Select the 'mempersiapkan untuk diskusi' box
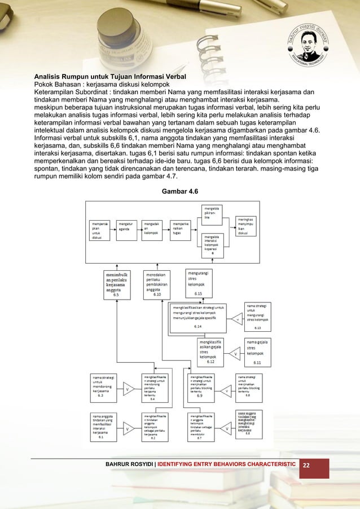pos(99,230)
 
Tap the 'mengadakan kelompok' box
pos(155,230)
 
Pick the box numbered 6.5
pos(118,284)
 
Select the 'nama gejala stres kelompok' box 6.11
pos(260,351)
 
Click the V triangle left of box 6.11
pos(236,354)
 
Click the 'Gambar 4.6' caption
pos(180,192)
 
